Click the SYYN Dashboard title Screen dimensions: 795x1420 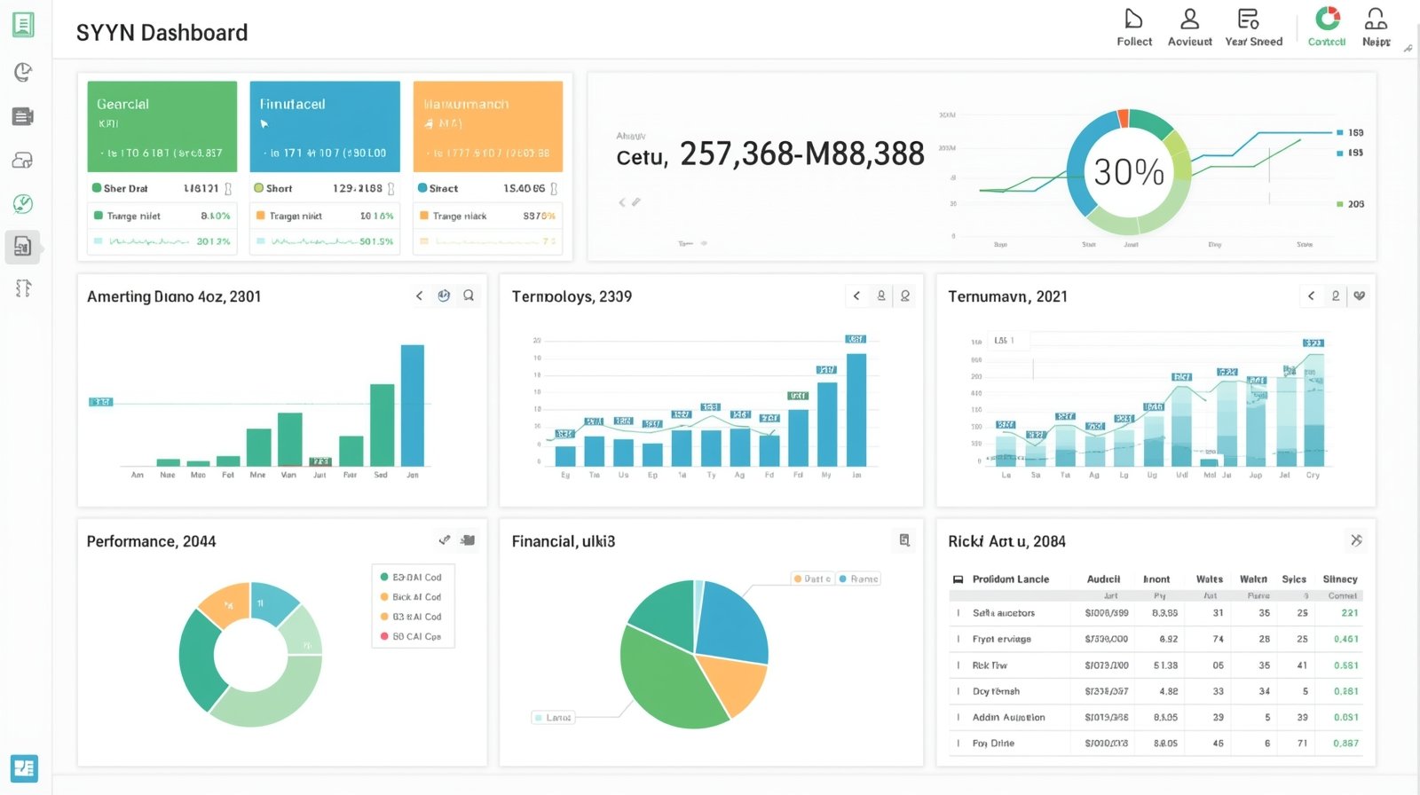pos(162,33)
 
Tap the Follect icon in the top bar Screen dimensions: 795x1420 pos(1133,20)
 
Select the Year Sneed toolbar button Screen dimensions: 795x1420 pos(1252,27)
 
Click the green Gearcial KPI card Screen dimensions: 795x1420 pos(162,126)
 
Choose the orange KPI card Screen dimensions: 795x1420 pos(487,126)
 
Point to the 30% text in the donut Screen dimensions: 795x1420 pos(1128,172)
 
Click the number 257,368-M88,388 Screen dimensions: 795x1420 pos(801,154)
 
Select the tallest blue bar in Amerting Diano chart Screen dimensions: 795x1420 pos(412,405)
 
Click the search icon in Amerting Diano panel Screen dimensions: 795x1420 pos(469,296)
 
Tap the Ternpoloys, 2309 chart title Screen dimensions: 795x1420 pos(572,296)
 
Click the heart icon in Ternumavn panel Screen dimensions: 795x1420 pos(1359,296)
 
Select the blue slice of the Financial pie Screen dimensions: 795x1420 pos(732,619)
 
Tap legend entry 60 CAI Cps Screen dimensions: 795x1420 pos(415,636)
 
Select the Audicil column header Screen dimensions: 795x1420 pos(1103,579)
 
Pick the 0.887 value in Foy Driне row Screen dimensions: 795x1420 pos(1345,744)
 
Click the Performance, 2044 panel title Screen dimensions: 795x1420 pos(151,541)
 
